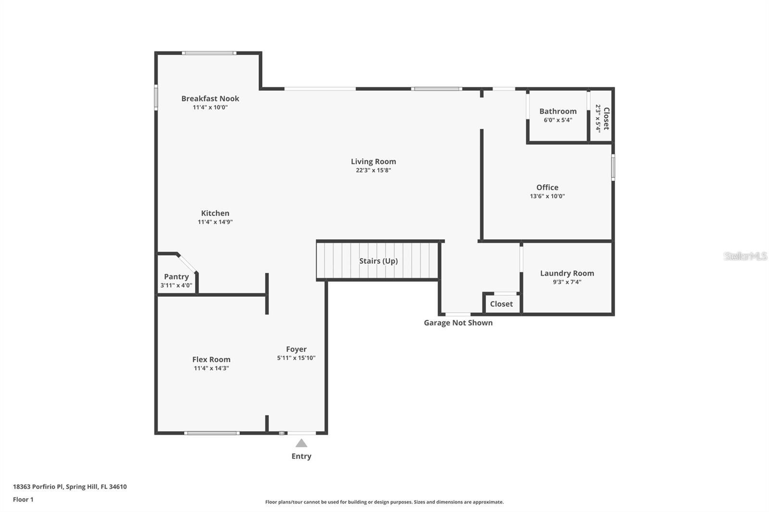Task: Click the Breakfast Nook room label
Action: (210, 98)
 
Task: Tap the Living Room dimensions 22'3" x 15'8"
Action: (373, 171)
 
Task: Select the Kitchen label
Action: (215, 213)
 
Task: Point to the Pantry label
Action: (176, 277)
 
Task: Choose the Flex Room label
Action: (211, 359)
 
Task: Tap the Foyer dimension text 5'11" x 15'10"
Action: (296, 358)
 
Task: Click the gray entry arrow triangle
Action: (301, 443)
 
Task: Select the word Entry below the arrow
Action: (301, 456)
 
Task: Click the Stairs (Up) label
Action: (378, 261)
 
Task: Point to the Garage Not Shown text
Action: (458, 323)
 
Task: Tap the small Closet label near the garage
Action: (501, 304)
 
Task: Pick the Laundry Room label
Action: (567, 273)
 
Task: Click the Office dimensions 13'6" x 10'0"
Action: (547, 196)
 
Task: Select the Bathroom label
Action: (558, 111)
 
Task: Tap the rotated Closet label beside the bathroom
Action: (607, 118)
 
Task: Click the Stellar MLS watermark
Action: (745, 256)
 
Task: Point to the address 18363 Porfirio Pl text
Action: (70, 487)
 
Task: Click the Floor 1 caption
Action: (23, 500)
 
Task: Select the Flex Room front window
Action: (211, 433)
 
